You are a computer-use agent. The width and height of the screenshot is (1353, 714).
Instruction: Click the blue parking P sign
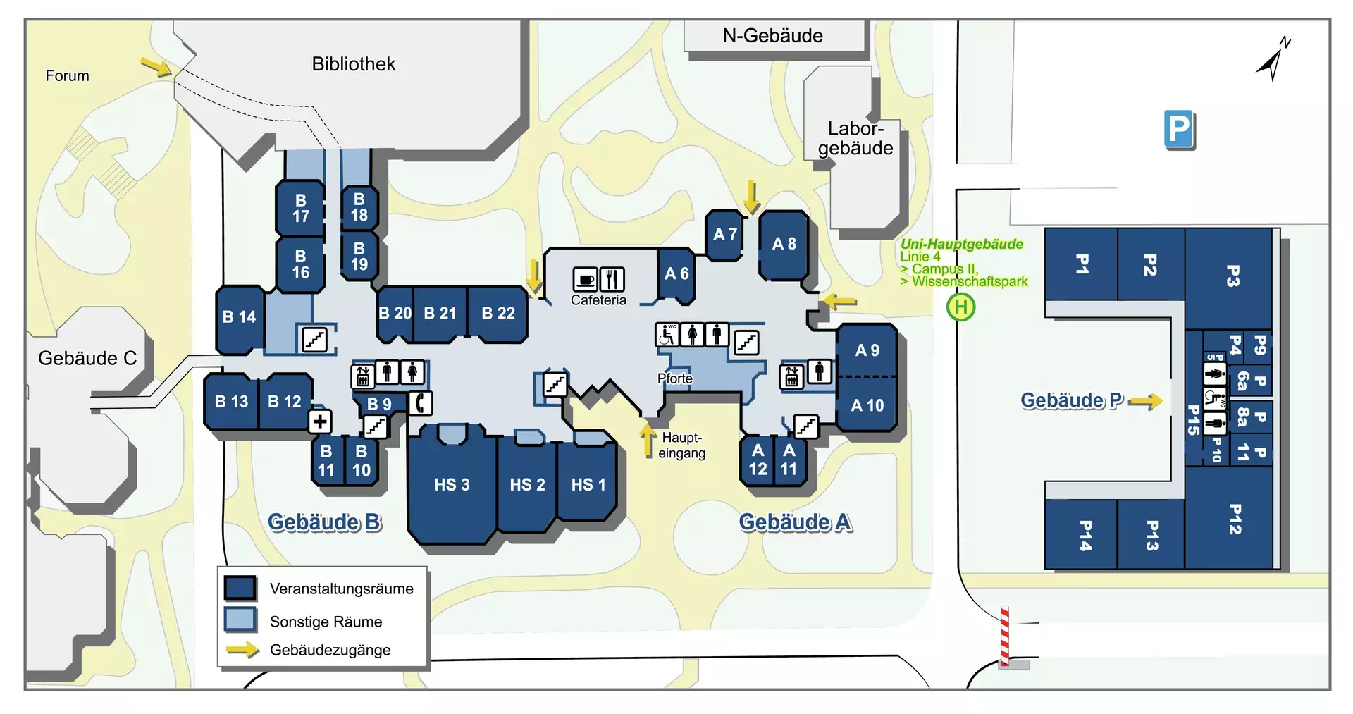[x=1179, y=129]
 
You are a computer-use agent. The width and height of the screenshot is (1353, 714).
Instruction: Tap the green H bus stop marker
[x=960, y=307]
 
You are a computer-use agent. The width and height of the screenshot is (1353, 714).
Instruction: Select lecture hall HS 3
[x=451, y=485]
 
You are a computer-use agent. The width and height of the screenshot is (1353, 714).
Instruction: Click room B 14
[x=239, y=317]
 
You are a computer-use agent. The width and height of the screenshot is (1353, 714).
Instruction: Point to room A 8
[x=784, y=244]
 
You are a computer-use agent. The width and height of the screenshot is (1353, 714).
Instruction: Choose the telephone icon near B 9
[x=421, y=403]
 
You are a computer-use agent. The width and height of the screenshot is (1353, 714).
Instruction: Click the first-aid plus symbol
[x=320, y=421]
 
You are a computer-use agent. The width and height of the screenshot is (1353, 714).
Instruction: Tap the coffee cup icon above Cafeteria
[x=585, y=279]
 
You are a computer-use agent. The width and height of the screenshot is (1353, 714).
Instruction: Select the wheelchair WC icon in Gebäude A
[x=667, y=334]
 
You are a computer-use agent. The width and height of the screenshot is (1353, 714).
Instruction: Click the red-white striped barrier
[x=1005, y=636]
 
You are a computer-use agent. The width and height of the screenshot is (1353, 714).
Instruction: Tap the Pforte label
[x=674, y=378]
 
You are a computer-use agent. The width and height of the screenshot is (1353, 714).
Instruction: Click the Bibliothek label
[x=354, y=64]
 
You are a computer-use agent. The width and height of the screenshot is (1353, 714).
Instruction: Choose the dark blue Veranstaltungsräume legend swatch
[x=240, y=588]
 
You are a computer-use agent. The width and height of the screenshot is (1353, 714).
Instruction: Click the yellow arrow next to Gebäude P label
[x=1145, y=402]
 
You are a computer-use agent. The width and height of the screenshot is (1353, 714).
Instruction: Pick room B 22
[x=498, y=314]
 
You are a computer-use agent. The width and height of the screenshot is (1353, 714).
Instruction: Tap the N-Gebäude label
[x=772, y=36]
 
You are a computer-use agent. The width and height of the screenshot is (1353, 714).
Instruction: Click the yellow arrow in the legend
[x=242, y=649]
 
